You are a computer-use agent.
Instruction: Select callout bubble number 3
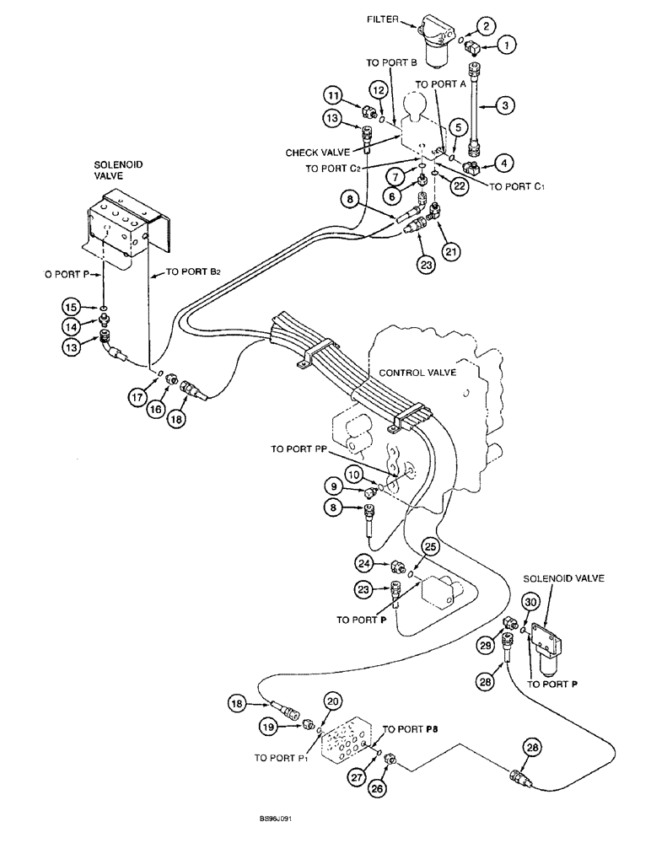[504, 106]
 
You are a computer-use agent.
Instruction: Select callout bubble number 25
[429, 547]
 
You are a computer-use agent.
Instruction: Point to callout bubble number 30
[530, 603]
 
